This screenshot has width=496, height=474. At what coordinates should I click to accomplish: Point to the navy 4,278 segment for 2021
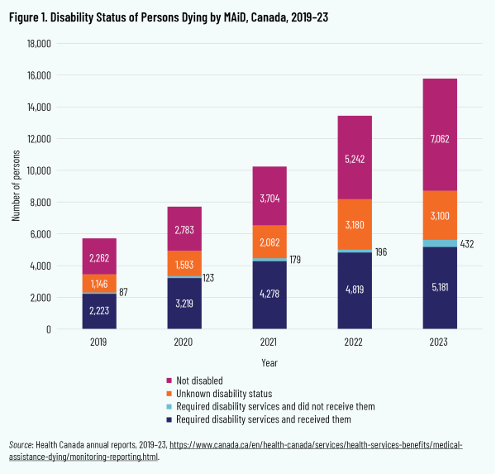click(269, 294)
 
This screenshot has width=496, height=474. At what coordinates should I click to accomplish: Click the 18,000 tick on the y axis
click(37, 44)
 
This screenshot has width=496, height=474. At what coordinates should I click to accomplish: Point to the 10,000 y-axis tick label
click(37, 170)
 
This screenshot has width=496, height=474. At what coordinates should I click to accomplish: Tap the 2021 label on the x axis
click(269, 341)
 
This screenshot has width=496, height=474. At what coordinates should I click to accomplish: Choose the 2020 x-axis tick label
click(184, 341)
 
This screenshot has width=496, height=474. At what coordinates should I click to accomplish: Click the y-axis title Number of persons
click(16, 187)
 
